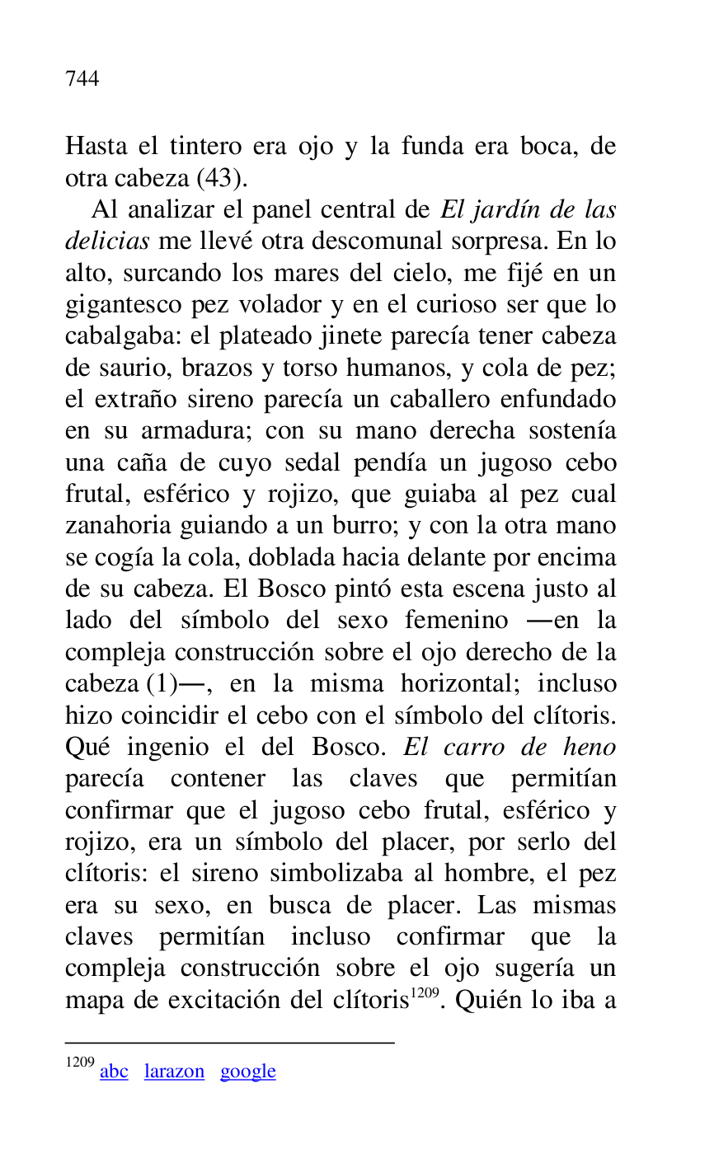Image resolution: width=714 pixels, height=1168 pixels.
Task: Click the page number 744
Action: point(82,79)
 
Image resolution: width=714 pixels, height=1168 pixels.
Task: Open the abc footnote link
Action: point(114,1072)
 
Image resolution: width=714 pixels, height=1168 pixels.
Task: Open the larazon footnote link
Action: point(174,1072)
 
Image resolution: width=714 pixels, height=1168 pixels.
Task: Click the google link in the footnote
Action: point(247,1072)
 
